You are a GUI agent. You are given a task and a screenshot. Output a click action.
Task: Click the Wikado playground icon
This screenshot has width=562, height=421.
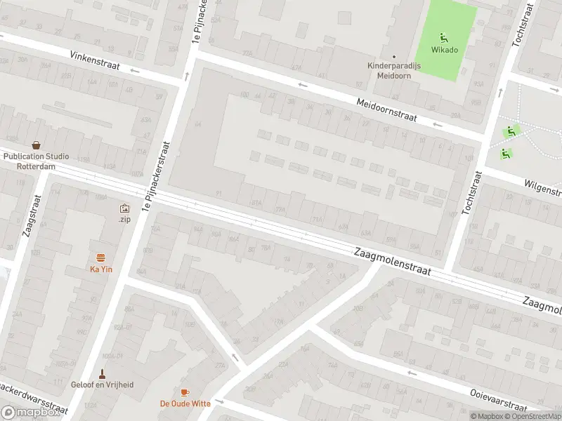click(x=443, y=37)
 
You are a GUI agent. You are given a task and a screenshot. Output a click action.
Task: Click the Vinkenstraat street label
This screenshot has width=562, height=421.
click(x=95, y=60)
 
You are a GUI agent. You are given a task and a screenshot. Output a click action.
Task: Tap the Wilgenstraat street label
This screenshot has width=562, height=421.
click(x=542, y=187)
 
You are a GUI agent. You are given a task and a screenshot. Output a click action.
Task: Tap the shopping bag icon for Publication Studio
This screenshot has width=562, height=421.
click(x=35, y=145)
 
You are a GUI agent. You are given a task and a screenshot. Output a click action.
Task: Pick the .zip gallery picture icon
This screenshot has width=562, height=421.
click(x=124, y=208)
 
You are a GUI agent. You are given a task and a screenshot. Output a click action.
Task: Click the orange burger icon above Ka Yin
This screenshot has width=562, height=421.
click(x=101, y=258)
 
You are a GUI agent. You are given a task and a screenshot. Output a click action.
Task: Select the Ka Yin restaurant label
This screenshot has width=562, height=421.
click(x=101, y=269)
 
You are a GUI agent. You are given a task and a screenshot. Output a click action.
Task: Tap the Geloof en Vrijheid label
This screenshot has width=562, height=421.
click(x=101, y=385)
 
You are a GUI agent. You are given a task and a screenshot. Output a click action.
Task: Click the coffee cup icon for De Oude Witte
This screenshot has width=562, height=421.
click(x=185, y=392)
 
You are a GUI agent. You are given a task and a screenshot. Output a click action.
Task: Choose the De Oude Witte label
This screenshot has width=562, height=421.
click(x=185, y=403)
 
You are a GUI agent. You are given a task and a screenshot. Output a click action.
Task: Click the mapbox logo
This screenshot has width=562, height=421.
click(x=31, y=413)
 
